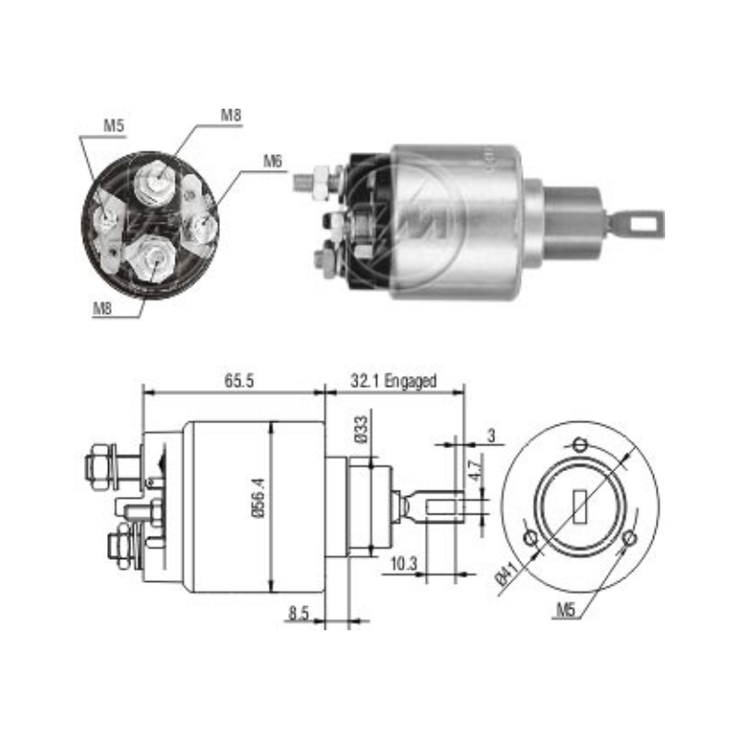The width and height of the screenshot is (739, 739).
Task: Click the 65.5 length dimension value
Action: [239, 381]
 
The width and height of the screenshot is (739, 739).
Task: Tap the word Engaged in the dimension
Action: [410, 381]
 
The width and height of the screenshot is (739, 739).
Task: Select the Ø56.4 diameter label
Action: [260, 498]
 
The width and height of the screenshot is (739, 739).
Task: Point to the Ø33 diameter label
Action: [361, 430]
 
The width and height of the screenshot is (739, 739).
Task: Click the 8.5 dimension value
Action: [298, 613]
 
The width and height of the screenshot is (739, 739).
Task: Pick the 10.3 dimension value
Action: [404, 563]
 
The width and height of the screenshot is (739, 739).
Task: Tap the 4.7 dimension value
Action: [476, 469]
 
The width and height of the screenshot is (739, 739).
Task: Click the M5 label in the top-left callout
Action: [114, 126]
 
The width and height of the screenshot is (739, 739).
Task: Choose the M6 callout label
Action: [273, 161]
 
